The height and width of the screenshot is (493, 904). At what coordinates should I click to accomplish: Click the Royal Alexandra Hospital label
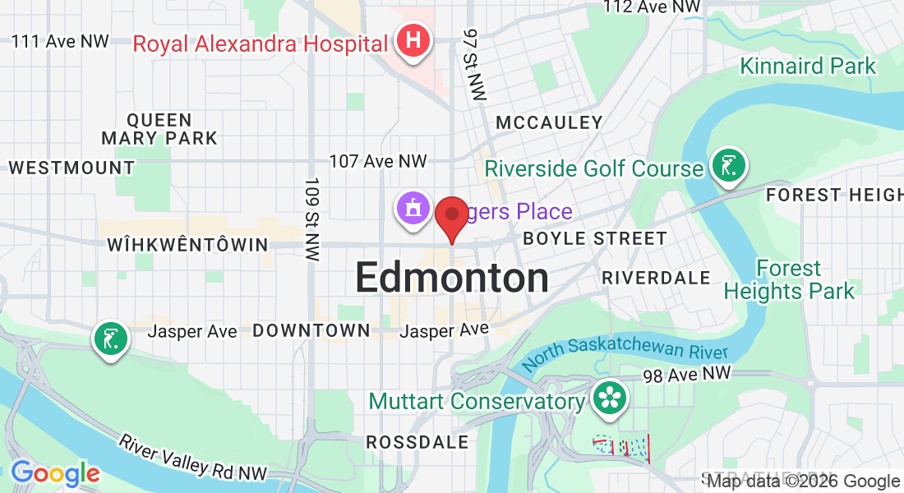pos(260,43)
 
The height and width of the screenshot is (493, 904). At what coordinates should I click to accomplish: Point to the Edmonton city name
pos(452,279)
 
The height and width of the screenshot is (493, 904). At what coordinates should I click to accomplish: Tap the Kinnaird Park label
pos(808,66)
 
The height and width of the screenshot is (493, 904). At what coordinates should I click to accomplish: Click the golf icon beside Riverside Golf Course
pos(729,164)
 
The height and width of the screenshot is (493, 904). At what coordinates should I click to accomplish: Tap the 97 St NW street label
pos(474,65)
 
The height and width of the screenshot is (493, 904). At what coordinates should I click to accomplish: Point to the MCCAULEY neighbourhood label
pos(549,123)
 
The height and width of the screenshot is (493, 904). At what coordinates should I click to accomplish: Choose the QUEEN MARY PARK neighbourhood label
pos(159,129)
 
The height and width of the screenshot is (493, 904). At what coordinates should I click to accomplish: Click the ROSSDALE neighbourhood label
pos(417,442)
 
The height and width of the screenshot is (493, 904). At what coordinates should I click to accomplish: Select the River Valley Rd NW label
pos(193,458)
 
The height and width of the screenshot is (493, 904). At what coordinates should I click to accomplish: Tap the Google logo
pos(55,473)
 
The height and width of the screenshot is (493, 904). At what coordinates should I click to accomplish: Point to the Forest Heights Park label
pos(789,279)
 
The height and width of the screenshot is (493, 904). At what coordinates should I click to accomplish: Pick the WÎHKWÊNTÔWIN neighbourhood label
pos(187,245)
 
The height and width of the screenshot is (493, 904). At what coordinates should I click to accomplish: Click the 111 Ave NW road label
pos(59,41)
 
